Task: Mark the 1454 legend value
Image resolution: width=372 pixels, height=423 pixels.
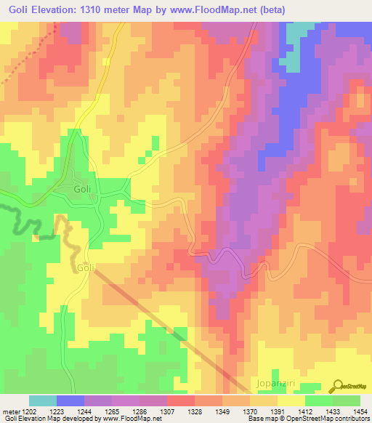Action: coord(361,411)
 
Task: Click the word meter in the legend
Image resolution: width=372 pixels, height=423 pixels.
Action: coord(12,411)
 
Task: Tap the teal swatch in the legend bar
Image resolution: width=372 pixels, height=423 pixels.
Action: coord(43,400)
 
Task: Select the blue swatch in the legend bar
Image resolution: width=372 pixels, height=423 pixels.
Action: coord(70,400)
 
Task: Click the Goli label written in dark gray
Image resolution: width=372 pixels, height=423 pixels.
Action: coord(82,189)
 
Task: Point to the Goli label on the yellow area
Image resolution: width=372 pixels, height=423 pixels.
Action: coord(86,267)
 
